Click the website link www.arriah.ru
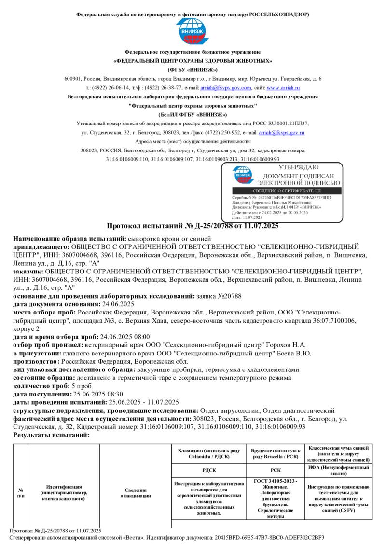tap(283, 88)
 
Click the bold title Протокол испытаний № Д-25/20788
tap(193, 226)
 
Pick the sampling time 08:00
tap(140, 337)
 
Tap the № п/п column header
tap(20, 492)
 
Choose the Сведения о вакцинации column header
tap(135, 492)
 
